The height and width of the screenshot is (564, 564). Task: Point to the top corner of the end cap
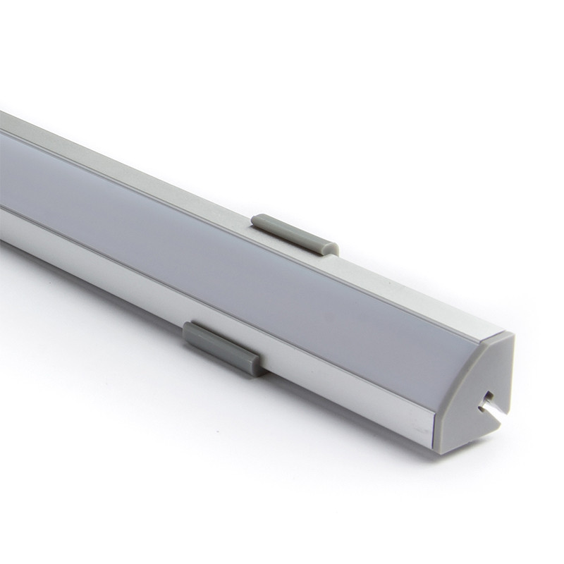click(x=509, y=336)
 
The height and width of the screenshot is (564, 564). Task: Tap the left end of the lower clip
click(x=188, y=331)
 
